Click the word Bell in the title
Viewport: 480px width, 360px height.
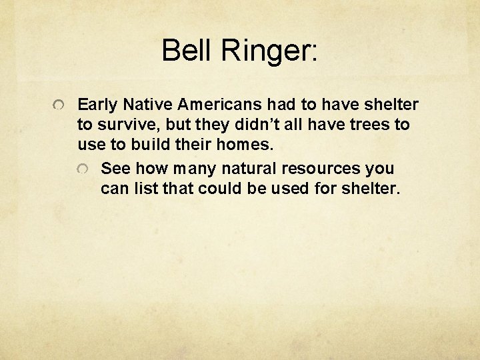tap(184, 51)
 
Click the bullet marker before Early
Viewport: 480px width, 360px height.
tap(59, 107)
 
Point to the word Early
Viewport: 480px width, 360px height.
tap(97, 105)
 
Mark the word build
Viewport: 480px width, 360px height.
tap(151, 145)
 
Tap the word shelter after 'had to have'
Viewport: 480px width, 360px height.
tap(390, 105)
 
